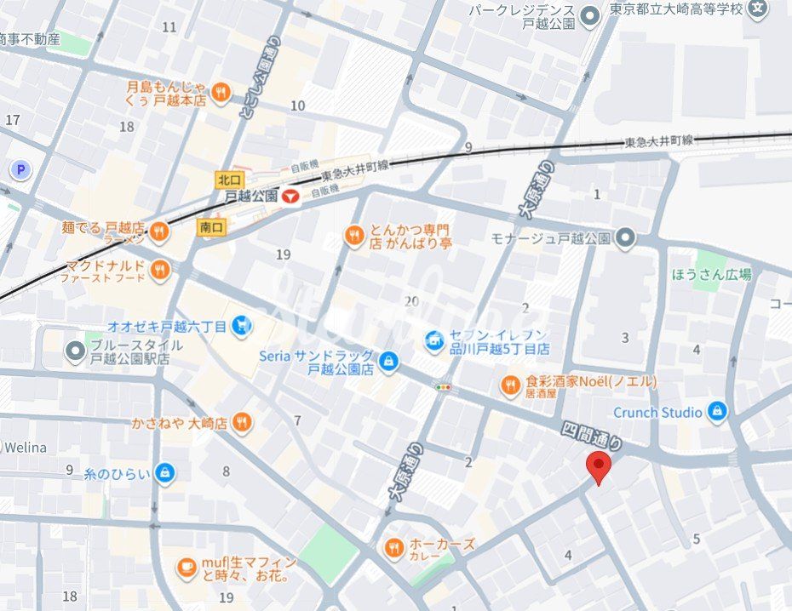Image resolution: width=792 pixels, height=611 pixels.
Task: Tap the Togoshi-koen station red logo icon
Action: click(x=291, y=196)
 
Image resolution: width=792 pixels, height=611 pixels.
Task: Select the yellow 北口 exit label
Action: click(x=230, y=180)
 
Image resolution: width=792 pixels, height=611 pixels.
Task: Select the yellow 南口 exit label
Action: click(x=210, y=227)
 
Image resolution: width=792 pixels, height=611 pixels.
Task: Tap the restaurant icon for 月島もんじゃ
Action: click(x=221, y=93)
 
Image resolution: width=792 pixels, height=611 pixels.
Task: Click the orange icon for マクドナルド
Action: click(x=159, y=271)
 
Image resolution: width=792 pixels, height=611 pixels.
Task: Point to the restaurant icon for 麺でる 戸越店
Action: click(x=159, y=231)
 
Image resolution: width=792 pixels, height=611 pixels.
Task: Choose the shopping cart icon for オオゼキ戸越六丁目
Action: click(x=243, y=326)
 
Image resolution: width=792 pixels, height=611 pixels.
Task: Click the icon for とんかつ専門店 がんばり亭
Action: click(x=354, y=236)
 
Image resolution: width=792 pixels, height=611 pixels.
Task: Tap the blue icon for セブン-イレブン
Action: click(x=435, y=341)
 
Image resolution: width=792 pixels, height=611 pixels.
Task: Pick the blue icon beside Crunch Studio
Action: click(x=717, y=412)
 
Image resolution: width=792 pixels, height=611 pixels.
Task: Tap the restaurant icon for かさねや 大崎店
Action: click(x=242, y=423)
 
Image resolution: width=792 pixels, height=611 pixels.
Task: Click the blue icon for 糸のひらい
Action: click(x=165, y=473)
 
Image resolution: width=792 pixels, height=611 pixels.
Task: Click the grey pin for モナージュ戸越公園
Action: click(x=626, y=237)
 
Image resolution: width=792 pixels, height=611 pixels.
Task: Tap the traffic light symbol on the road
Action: click(x=443, y=386)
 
